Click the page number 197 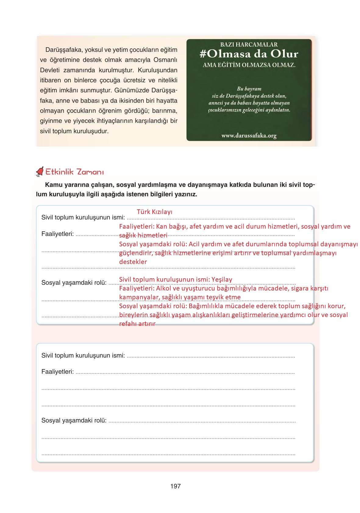(x=176, y=486)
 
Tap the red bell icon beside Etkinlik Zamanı (x=40, y=172)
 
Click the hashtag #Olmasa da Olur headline (x=249, y=54)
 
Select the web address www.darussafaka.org (x=249, y=136)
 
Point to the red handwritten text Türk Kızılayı (x=155, y=212)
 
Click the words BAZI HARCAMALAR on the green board (x=249, y=45)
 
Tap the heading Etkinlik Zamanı (x=74, y=172)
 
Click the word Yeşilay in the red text (x=222, y=280)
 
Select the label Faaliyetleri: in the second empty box (x=58, y=372)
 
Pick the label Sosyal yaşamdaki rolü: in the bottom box (x=74, y=420)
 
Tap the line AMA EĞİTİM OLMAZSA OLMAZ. (x=249, y=65)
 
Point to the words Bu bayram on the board (x=249, y=89)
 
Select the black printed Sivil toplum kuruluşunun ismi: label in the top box (x=83, y=217)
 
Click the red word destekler (x=133, y=262)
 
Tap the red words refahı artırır (x=137, y=324)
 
